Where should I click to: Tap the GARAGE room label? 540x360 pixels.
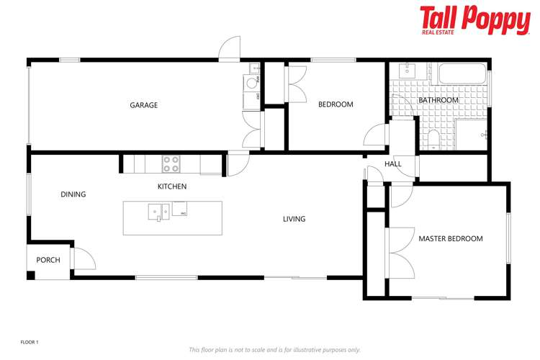click(x=143, y=105)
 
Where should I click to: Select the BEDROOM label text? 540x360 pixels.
click(x=336, y=104)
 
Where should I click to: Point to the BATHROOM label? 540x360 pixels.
click(x=438, y=100)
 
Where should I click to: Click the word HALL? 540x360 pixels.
click(x=393, y=164)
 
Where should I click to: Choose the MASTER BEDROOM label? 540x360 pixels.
click(x=451, y=238)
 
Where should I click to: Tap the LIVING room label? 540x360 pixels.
click(x=294, y=219)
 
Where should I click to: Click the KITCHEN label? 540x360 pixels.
click(x=172, y=186)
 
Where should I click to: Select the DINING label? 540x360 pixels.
click(x=73, y=194)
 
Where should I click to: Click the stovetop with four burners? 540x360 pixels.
click(x=171, y=164)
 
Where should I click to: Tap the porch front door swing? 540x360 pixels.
click(x=82, y=258)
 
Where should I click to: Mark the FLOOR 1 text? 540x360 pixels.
click(x=29, y=342)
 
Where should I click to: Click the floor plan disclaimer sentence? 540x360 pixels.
click(x=274, y=350)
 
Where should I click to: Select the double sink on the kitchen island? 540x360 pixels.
click(x=159, y=212)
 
